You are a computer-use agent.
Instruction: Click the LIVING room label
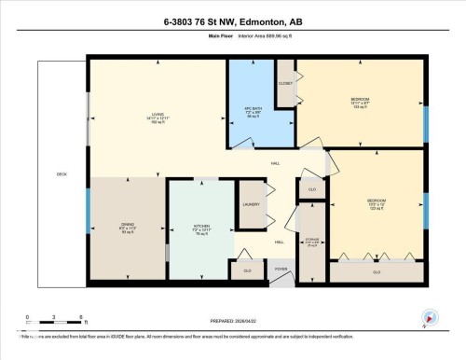point(158,115)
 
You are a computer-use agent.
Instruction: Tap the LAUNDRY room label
point(250,204)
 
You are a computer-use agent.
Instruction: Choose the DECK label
point(62,174)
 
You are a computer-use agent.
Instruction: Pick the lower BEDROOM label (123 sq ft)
point(375,202)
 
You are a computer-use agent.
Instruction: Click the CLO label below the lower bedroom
point(377,272)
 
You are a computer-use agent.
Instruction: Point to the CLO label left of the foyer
point(247,270)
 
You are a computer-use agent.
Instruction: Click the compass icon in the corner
point(428,317)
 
